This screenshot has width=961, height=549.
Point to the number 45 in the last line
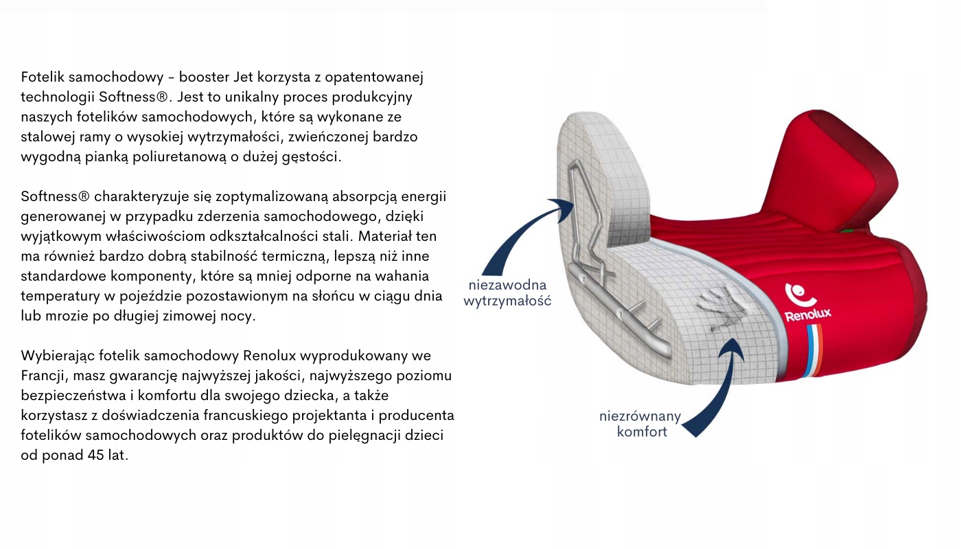point(96,455)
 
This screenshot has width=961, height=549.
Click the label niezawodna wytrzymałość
point(507,292)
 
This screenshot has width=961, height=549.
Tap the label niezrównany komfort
point(640,423)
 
